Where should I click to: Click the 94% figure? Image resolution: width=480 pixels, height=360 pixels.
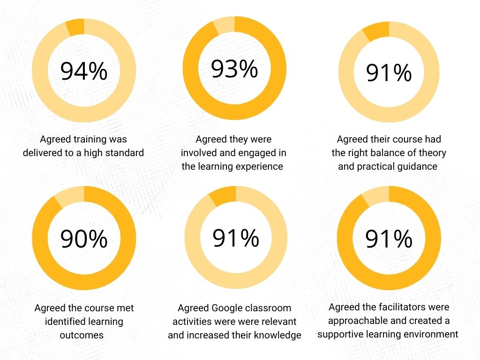point(84,72)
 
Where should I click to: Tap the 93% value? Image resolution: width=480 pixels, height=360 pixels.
point(234,69)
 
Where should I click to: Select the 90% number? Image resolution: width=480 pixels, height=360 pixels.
point(84,239)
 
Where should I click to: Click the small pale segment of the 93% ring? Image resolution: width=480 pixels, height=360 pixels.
point(225,26)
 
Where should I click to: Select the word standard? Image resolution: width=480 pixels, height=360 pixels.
point(123,152)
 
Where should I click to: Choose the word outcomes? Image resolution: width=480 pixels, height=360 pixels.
point(81,335)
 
